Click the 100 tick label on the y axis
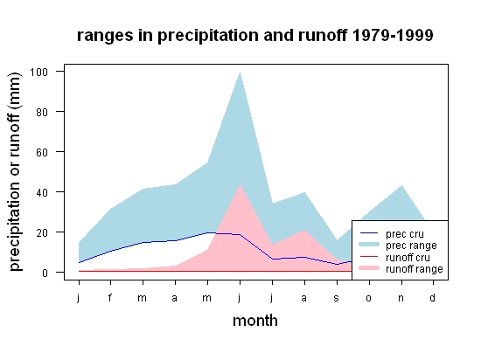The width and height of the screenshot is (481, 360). click(x=38, y=72)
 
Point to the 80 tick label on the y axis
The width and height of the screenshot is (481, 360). click(x=42, y=112)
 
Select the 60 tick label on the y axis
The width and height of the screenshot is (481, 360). click(x=42, y=152)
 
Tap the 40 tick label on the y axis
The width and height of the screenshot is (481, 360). click(x=42, y=193)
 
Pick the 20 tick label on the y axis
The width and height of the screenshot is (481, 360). click(x=42, y=232)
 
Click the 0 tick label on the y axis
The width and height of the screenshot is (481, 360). click(x=45, y=273)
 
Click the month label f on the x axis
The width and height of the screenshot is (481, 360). click(x=110, y=297)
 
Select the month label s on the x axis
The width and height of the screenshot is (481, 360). click(x=337, y=298)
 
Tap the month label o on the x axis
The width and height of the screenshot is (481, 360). click(x=369, y=298)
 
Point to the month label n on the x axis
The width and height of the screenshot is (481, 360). click(x=401, y=298)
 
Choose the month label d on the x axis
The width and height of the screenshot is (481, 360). click(x=432, y=297)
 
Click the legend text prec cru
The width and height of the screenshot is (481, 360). click(x=405, y=234)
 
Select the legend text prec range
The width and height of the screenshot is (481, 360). click(x=411, y=246)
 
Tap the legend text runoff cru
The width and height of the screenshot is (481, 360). click(x=408, y=258)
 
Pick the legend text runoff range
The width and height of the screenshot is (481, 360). click(x=415, y=269)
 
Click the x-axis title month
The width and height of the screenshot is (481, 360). click(x=255, y=321)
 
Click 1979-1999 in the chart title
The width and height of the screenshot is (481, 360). click(x=393, y=35)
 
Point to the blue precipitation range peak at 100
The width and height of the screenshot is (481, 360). click(x=240, y=73)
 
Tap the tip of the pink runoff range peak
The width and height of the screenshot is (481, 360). click(x=240, y=184)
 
